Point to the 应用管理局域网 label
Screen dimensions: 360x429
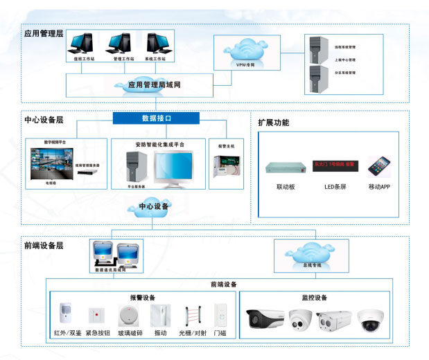tap(159, 84)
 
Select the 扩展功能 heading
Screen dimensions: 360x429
tap(273, 123)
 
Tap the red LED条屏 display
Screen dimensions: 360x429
tap(335, 165)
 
